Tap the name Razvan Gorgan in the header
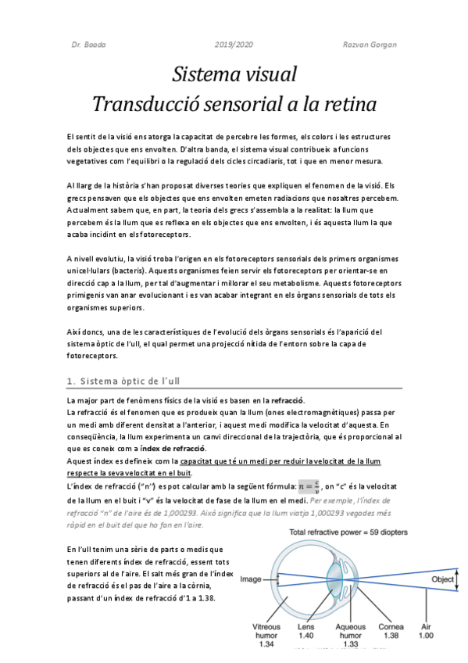pos(370,45)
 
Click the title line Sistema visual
pos(234,76)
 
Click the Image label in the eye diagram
pos(251,579)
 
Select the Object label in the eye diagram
pos(443,579)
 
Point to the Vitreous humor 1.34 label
pos(266,635)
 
